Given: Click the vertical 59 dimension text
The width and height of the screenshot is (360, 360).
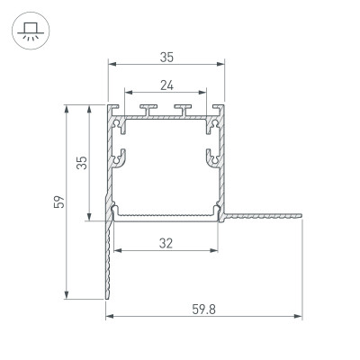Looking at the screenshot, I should click(57, 202).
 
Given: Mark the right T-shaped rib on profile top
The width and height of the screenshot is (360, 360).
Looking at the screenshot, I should click(186, 112).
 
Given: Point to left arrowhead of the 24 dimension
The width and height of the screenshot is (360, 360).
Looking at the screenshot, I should click(128, 94).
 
